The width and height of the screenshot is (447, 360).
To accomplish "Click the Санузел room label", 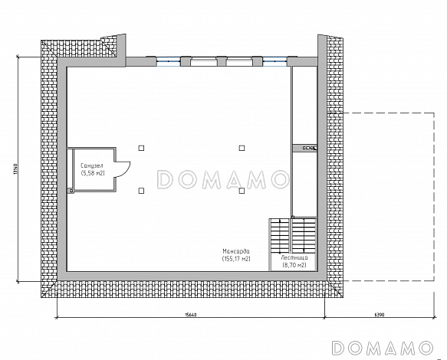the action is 92,165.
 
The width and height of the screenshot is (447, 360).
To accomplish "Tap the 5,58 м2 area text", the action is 93,173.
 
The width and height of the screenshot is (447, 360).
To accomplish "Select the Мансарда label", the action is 236,251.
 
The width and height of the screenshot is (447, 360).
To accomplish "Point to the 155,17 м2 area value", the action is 236,259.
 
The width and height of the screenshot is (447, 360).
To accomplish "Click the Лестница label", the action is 294,258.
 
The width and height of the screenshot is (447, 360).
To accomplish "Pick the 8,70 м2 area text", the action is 294,265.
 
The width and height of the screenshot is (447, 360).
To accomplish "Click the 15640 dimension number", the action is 191,315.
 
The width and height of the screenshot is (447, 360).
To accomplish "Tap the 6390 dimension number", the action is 380,315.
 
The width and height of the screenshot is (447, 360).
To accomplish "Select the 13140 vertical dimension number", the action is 15,169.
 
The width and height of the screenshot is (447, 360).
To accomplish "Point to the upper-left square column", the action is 141,148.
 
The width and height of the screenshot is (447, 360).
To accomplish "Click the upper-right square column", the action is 242,148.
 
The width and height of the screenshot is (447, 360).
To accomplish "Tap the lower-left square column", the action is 141,191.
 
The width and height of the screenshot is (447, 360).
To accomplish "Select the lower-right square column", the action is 242,191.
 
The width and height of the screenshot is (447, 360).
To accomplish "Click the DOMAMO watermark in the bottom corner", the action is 382,348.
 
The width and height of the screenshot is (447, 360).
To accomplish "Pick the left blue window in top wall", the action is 168,61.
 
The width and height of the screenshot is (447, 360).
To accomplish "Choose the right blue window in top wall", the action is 274,61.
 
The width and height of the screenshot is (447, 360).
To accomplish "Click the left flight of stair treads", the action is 280,236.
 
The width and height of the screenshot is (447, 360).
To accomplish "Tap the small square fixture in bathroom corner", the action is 71,191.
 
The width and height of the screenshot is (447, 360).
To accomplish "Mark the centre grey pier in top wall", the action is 222,61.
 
